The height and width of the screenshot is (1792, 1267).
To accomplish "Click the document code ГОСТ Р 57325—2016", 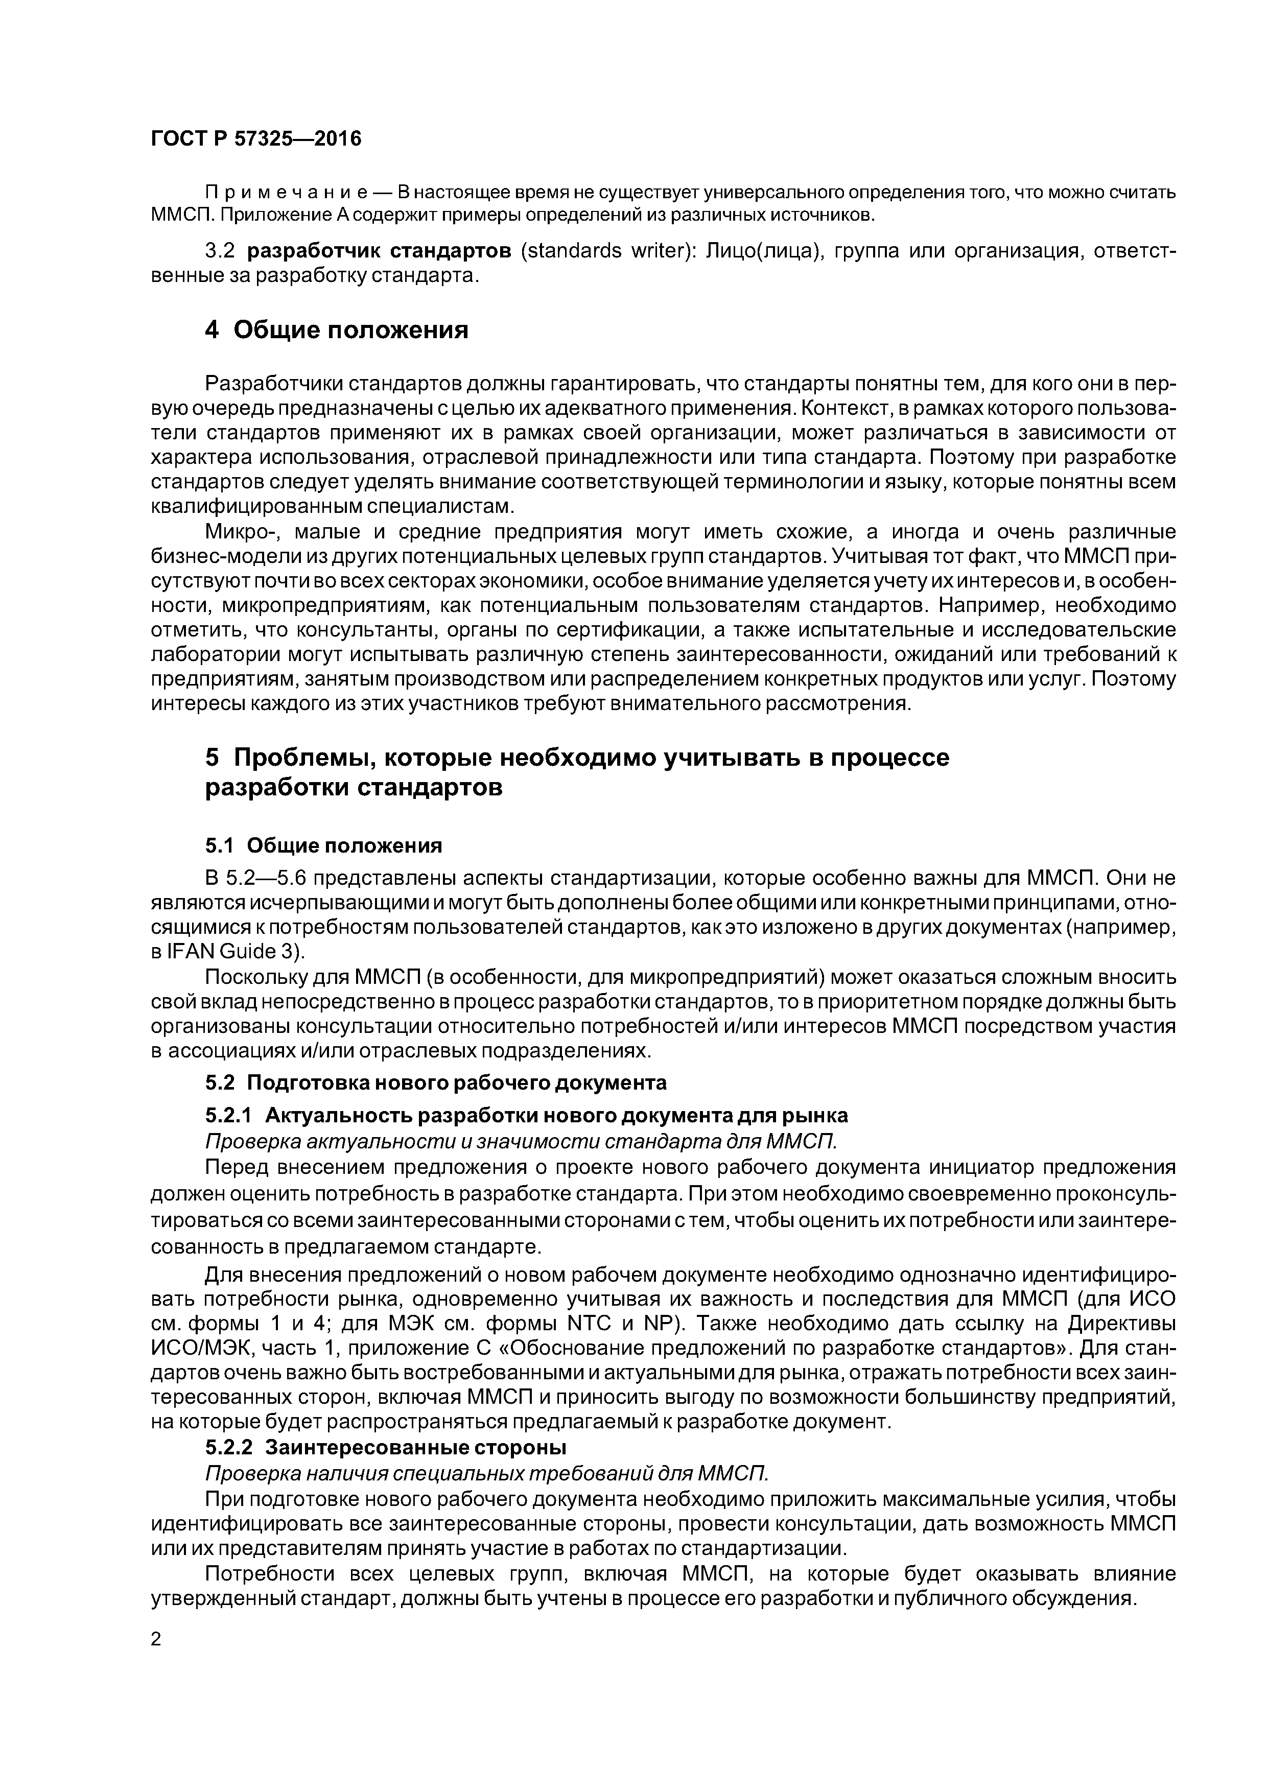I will tap(256, 139).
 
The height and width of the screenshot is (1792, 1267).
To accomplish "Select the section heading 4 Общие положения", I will tap(337, 330).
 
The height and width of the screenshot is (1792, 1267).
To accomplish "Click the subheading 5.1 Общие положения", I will tap(323, 846).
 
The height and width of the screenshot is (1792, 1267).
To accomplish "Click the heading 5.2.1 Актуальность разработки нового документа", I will tap(526, 1115).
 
